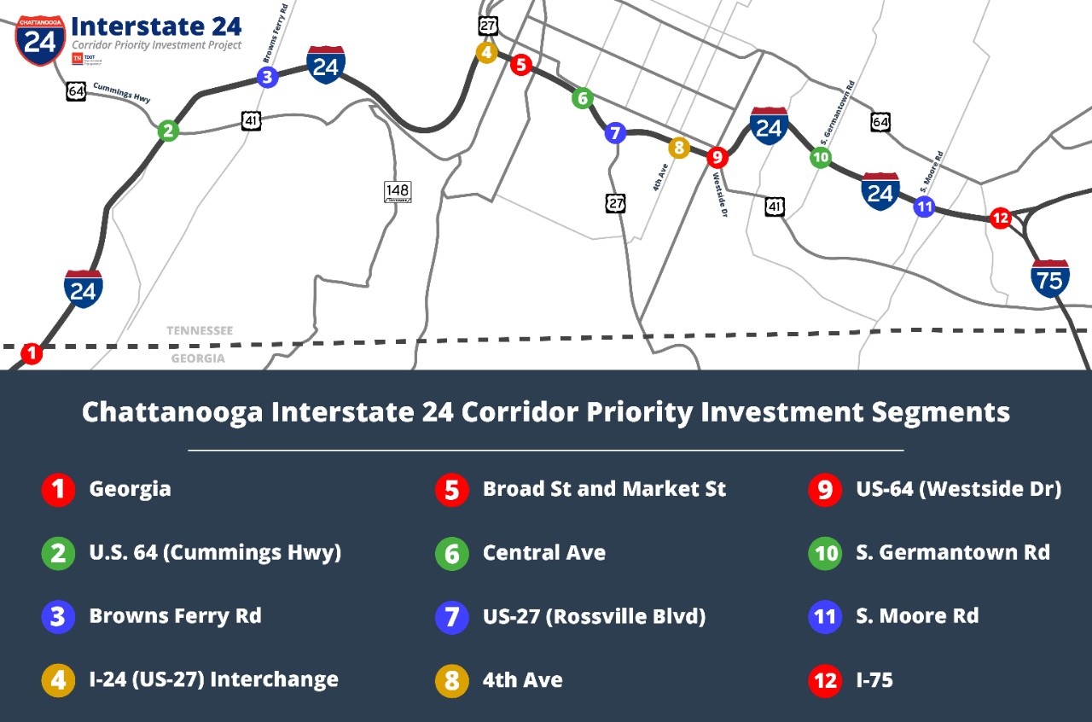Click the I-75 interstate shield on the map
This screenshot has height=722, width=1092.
click(x=1050, y=278)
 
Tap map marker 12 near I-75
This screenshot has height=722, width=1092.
click(x=1000, y=218)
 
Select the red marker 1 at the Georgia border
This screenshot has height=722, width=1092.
click(x=32, y=352)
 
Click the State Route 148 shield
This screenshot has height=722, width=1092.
click(x=398, y=192)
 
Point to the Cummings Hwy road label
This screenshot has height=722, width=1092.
click(x=121, y=93)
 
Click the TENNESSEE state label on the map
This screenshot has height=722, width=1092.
click(x=200, y=330)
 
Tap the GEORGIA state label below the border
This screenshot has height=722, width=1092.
click(x=198, y=358)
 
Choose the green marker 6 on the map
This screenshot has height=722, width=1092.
click(x=582, y=98)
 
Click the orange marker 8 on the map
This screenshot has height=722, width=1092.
click(x=679, y=148)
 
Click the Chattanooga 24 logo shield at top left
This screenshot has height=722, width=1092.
click(x=39, y=39)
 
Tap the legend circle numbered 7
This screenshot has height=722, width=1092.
click(x=451, y=616)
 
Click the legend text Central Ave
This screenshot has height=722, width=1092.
click(x=543, y=552)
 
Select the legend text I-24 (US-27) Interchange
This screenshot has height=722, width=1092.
click(x=213, y=679)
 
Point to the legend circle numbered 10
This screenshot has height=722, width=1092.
click(x=825, y=553)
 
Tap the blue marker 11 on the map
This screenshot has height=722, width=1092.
click(x=924, y=207)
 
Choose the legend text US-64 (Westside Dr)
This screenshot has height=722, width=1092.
click(x=958, y=489)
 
